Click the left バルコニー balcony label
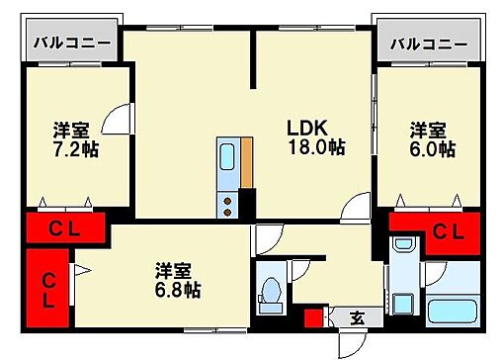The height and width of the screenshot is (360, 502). tap(72, 44)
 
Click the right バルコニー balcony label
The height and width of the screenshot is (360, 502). tap(429, 44)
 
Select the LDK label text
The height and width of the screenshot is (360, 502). tap(306, 129)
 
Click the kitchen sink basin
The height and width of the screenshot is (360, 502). tap(227, 158)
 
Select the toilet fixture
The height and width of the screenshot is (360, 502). tap(270, 293)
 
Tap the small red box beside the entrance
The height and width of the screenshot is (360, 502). tap(314, 318)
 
